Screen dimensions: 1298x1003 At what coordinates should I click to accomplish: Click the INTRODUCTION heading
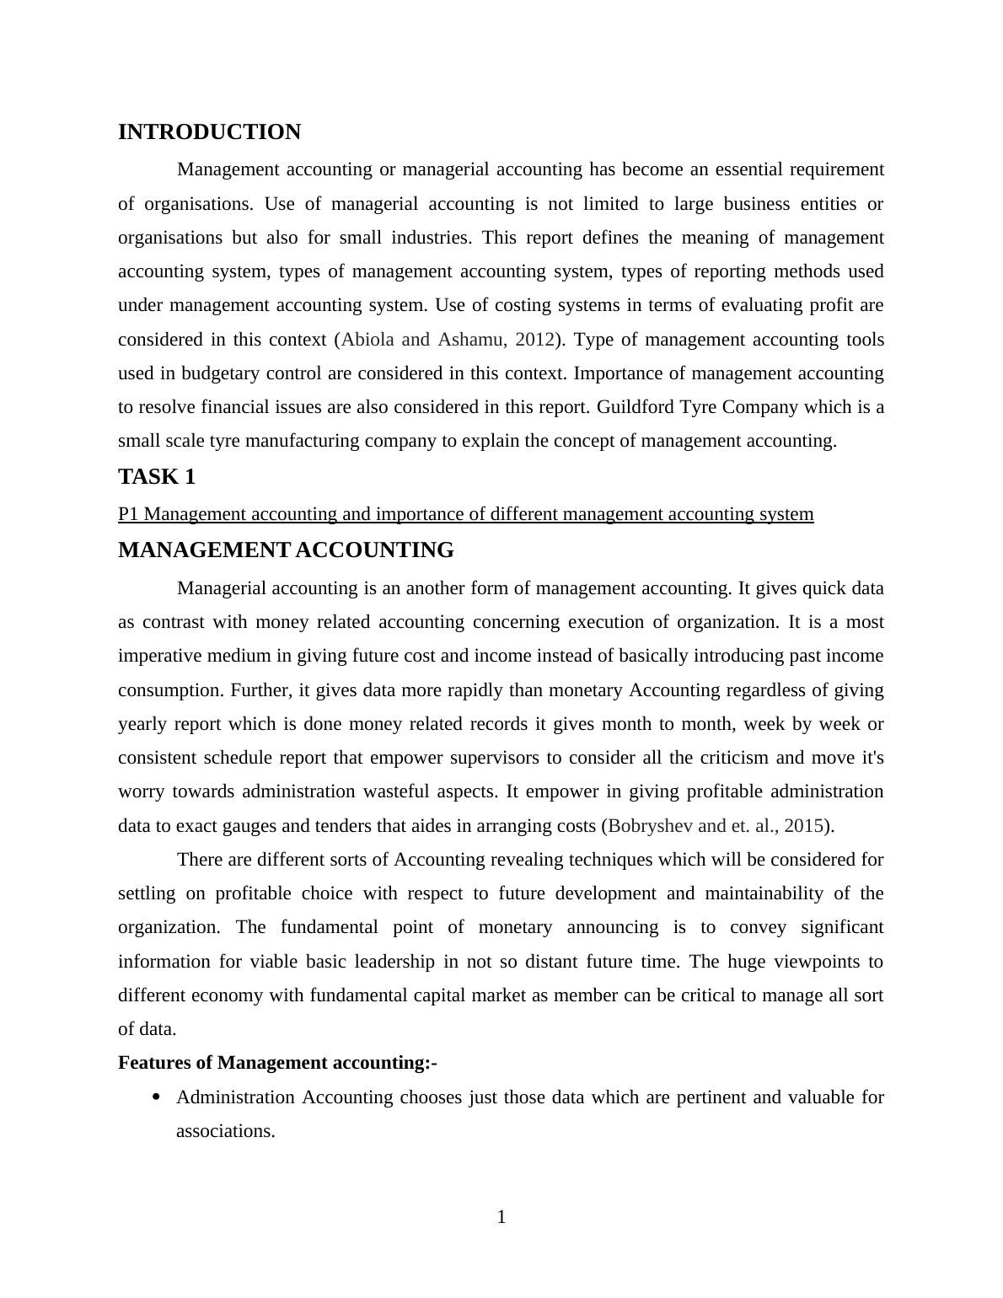point(209,132)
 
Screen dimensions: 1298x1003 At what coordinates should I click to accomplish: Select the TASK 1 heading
point(157,477)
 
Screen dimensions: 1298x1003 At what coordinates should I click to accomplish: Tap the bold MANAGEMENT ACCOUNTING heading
point(286,550)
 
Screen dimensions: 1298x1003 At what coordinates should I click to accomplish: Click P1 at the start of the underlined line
point(129,514)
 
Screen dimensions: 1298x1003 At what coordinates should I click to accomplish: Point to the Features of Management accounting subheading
point(277,1063)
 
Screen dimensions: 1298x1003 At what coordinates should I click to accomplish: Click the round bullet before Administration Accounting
point(156,1097)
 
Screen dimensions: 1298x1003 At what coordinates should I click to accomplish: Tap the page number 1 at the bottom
point(501,1217)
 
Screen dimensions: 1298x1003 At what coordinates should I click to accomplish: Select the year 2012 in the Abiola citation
point(534,340)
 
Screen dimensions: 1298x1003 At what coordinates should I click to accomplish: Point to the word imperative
point(158,656)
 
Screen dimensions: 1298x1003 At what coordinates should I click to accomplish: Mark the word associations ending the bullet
point(225,1131)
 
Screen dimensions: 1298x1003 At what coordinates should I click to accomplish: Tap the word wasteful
point(404,791)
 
